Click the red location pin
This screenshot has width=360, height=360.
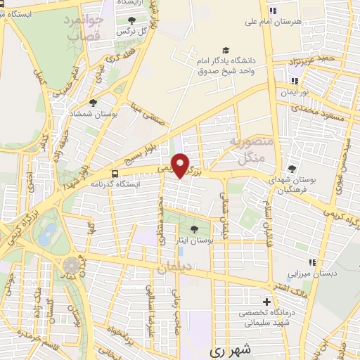[x=181, y=165]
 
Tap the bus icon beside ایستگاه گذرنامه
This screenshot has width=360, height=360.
[x=115, y=173]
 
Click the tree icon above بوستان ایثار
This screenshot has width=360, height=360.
[x=194, y=229]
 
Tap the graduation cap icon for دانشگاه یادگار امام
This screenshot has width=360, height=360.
[x=226, y=50]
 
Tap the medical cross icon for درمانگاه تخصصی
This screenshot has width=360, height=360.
[x=266, y=301]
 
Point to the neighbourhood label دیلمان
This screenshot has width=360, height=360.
[x=174, y=268]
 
